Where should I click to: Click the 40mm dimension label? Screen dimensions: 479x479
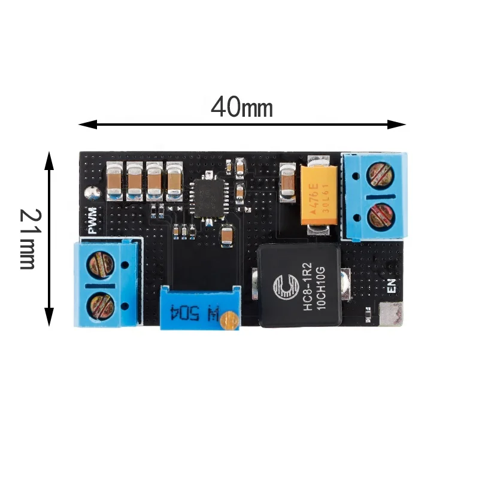pos(242,108)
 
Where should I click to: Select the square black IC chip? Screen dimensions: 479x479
pos(208,196)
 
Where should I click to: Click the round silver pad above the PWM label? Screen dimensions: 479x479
pos(92,193)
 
